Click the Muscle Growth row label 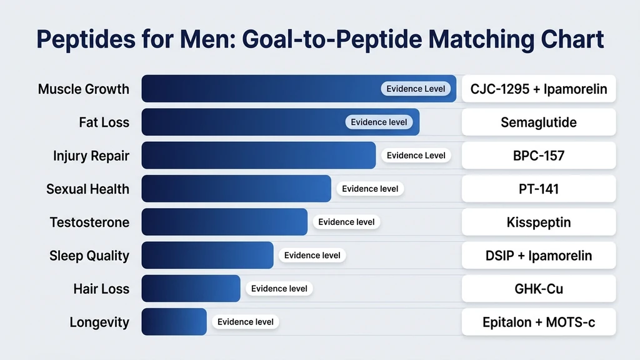pos(84,89)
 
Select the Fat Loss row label pos(104,122)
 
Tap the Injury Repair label pos(91,156)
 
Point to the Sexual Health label pos(87,189)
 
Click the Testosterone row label pos(89,222)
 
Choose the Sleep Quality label pos(89,256)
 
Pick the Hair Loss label pos(101,289)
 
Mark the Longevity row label pos(99,322)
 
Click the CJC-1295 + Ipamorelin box pos(539,89)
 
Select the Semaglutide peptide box pos(539,122)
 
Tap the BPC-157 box pos(539,156)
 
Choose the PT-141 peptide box pos(539,189)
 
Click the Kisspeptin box pos(539,222)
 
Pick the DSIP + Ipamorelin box pos(539,256)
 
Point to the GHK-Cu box pos(539,289)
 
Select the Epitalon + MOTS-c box pos(539,322)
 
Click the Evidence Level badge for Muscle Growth pos(416,89)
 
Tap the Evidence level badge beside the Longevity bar pos(245,322)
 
